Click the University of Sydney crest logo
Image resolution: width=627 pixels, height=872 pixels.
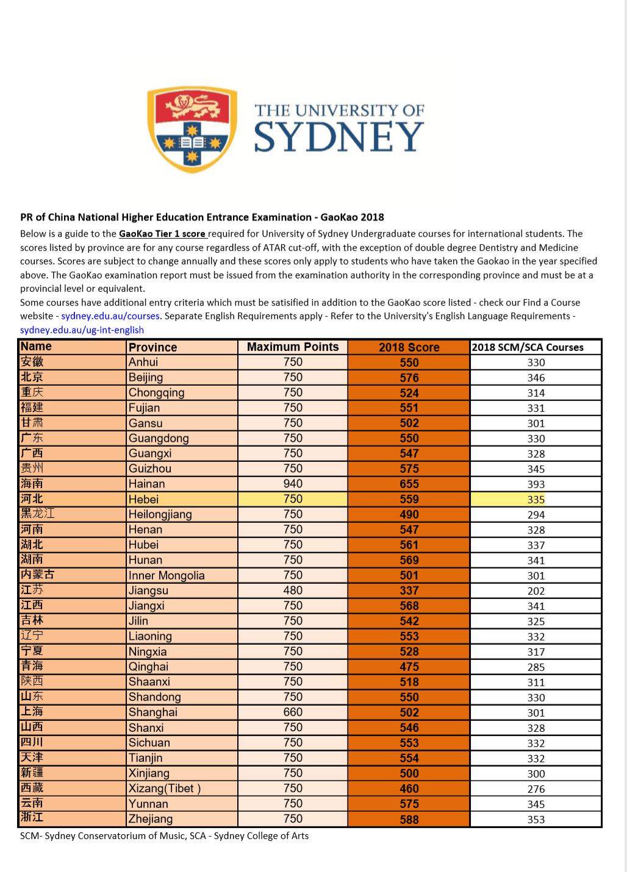pos(192,129)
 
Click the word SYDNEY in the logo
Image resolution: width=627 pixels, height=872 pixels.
pos(339,137)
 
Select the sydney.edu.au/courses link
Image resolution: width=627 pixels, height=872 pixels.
pos(110,316)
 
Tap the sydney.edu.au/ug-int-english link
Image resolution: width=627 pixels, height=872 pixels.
pos(82,330)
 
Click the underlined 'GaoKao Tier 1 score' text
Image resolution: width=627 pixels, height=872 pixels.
pos(162,234)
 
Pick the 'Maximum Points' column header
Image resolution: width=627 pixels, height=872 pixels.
pos(293,347)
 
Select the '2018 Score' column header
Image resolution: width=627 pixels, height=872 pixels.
pos(409,347)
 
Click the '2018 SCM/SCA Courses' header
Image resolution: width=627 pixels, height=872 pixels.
pos(528,347)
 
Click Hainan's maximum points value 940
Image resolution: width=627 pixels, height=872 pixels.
pos(293,484)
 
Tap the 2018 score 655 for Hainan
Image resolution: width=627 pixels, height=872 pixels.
pos(409,484)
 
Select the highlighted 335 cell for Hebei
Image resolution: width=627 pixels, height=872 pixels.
pos(536,500)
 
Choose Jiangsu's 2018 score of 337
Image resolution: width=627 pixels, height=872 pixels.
pos(409,591)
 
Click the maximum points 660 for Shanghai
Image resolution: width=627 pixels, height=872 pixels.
pos(293,712)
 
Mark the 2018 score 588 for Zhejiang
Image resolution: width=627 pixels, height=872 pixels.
pos(409,820)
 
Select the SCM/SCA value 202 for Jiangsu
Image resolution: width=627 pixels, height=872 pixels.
pos(536,591)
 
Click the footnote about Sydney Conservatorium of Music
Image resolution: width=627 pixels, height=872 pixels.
pos(164,836)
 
